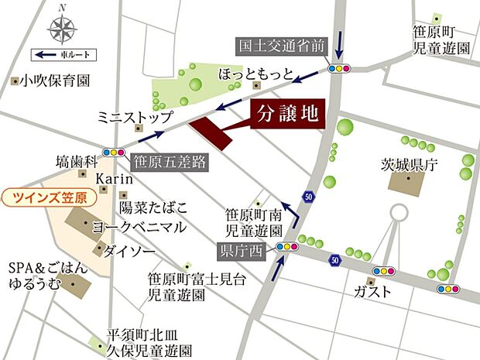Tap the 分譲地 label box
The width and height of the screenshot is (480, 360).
click(x=286, y=116)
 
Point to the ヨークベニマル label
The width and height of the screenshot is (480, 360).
click(x=139, y=228)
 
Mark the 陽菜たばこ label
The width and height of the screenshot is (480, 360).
click(x=153, y=207)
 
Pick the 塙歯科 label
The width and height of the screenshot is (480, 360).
click(x=76, y=162)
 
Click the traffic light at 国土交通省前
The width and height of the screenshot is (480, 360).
click(x=339, y=67)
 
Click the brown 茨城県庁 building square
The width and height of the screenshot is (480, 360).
click(x=408, y=184)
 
